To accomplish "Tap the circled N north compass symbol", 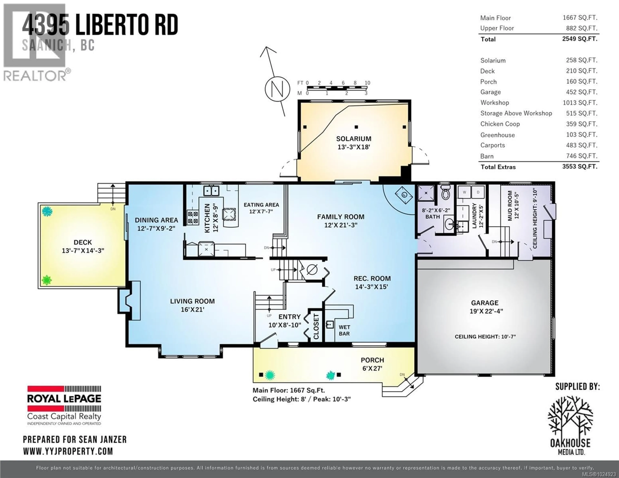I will pos(277,89).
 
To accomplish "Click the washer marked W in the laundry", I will pos(464,192).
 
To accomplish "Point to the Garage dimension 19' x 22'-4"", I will pos(486,311).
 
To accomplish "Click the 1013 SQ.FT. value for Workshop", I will pos(580,103).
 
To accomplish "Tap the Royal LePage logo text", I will pos(64,399).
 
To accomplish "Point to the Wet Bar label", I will pos(344,330).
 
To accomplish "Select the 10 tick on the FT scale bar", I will pos(367,83).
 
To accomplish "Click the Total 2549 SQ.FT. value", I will pos(580,39).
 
